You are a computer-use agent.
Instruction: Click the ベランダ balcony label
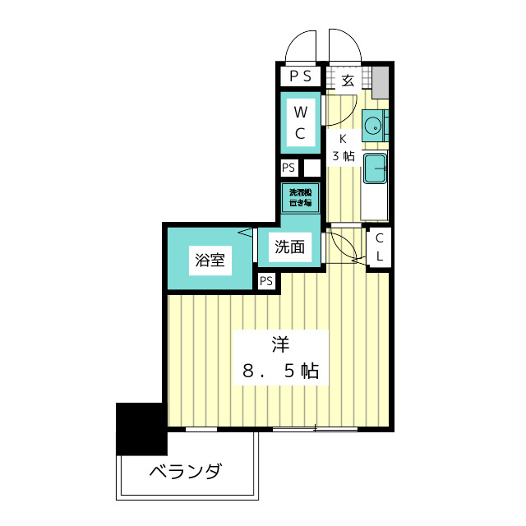coord(186,473)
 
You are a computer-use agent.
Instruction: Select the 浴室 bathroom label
coord(210,261)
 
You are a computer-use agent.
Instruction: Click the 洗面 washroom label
coord(289,246)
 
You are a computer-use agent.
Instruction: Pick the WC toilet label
coord(301,122)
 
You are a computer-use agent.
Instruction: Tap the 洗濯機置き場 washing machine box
coord(301,196)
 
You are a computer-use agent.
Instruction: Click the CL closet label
coord(380,247)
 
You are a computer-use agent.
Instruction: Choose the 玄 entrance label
coord(348,81)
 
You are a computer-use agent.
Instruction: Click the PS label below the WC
coord(288,168)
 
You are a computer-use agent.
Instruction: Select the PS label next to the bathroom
coord(266,281)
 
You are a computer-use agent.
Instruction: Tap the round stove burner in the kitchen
coord(374,126)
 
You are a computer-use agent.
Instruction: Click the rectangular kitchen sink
coord(376,168)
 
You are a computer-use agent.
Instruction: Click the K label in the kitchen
coord(343,139)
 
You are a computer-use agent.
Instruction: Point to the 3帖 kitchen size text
coord(343,155)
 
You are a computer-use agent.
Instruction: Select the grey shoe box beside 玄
coord(380,81)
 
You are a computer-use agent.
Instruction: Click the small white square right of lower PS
coord(311,168)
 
